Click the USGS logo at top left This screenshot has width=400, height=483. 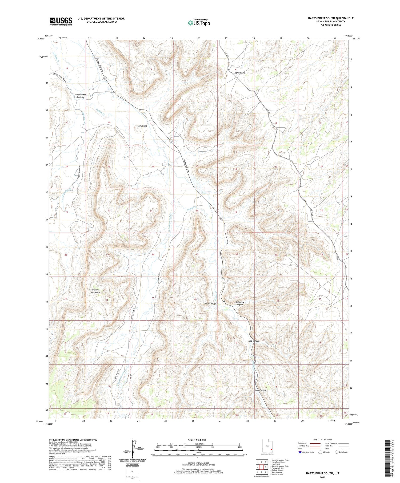click(x=61, y=21)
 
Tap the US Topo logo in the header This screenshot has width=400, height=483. click(x=199, y=23)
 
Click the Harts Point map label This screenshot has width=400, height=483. click(x=239, y=73)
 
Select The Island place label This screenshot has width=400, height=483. click(x=142, y=126)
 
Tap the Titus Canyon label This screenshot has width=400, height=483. click(x=210, y=304)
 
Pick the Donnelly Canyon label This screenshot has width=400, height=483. click(x=240, y=303)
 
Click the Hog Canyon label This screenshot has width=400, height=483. click(x=254, y=341)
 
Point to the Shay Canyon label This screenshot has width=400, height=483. click(x=260, y=390)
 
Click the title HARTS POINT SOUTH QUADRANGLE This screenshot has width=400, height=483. click(x=330, y=18)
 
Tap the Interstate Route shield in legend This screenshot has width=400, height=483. click(x=301, y=452)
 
